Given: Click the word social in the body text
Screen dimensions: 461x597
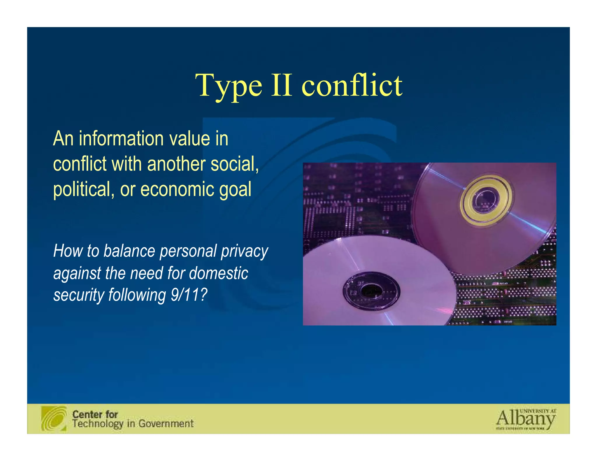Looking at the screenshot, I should tap(234, 164).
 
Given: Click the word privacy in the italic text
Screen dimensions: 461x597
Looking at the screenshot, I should tap(244, 251).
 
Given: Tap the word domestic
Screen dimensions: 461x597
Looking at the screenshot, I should tap(219, 273).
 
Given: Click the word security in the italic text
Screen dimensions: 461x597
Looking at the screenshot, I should tap(78, 295).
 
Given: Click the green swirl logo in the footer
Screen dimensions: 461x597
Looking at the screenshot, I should tap(54, 418).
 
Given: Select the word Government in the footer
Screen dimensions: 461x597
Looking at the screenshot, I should tap(166, 423).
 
